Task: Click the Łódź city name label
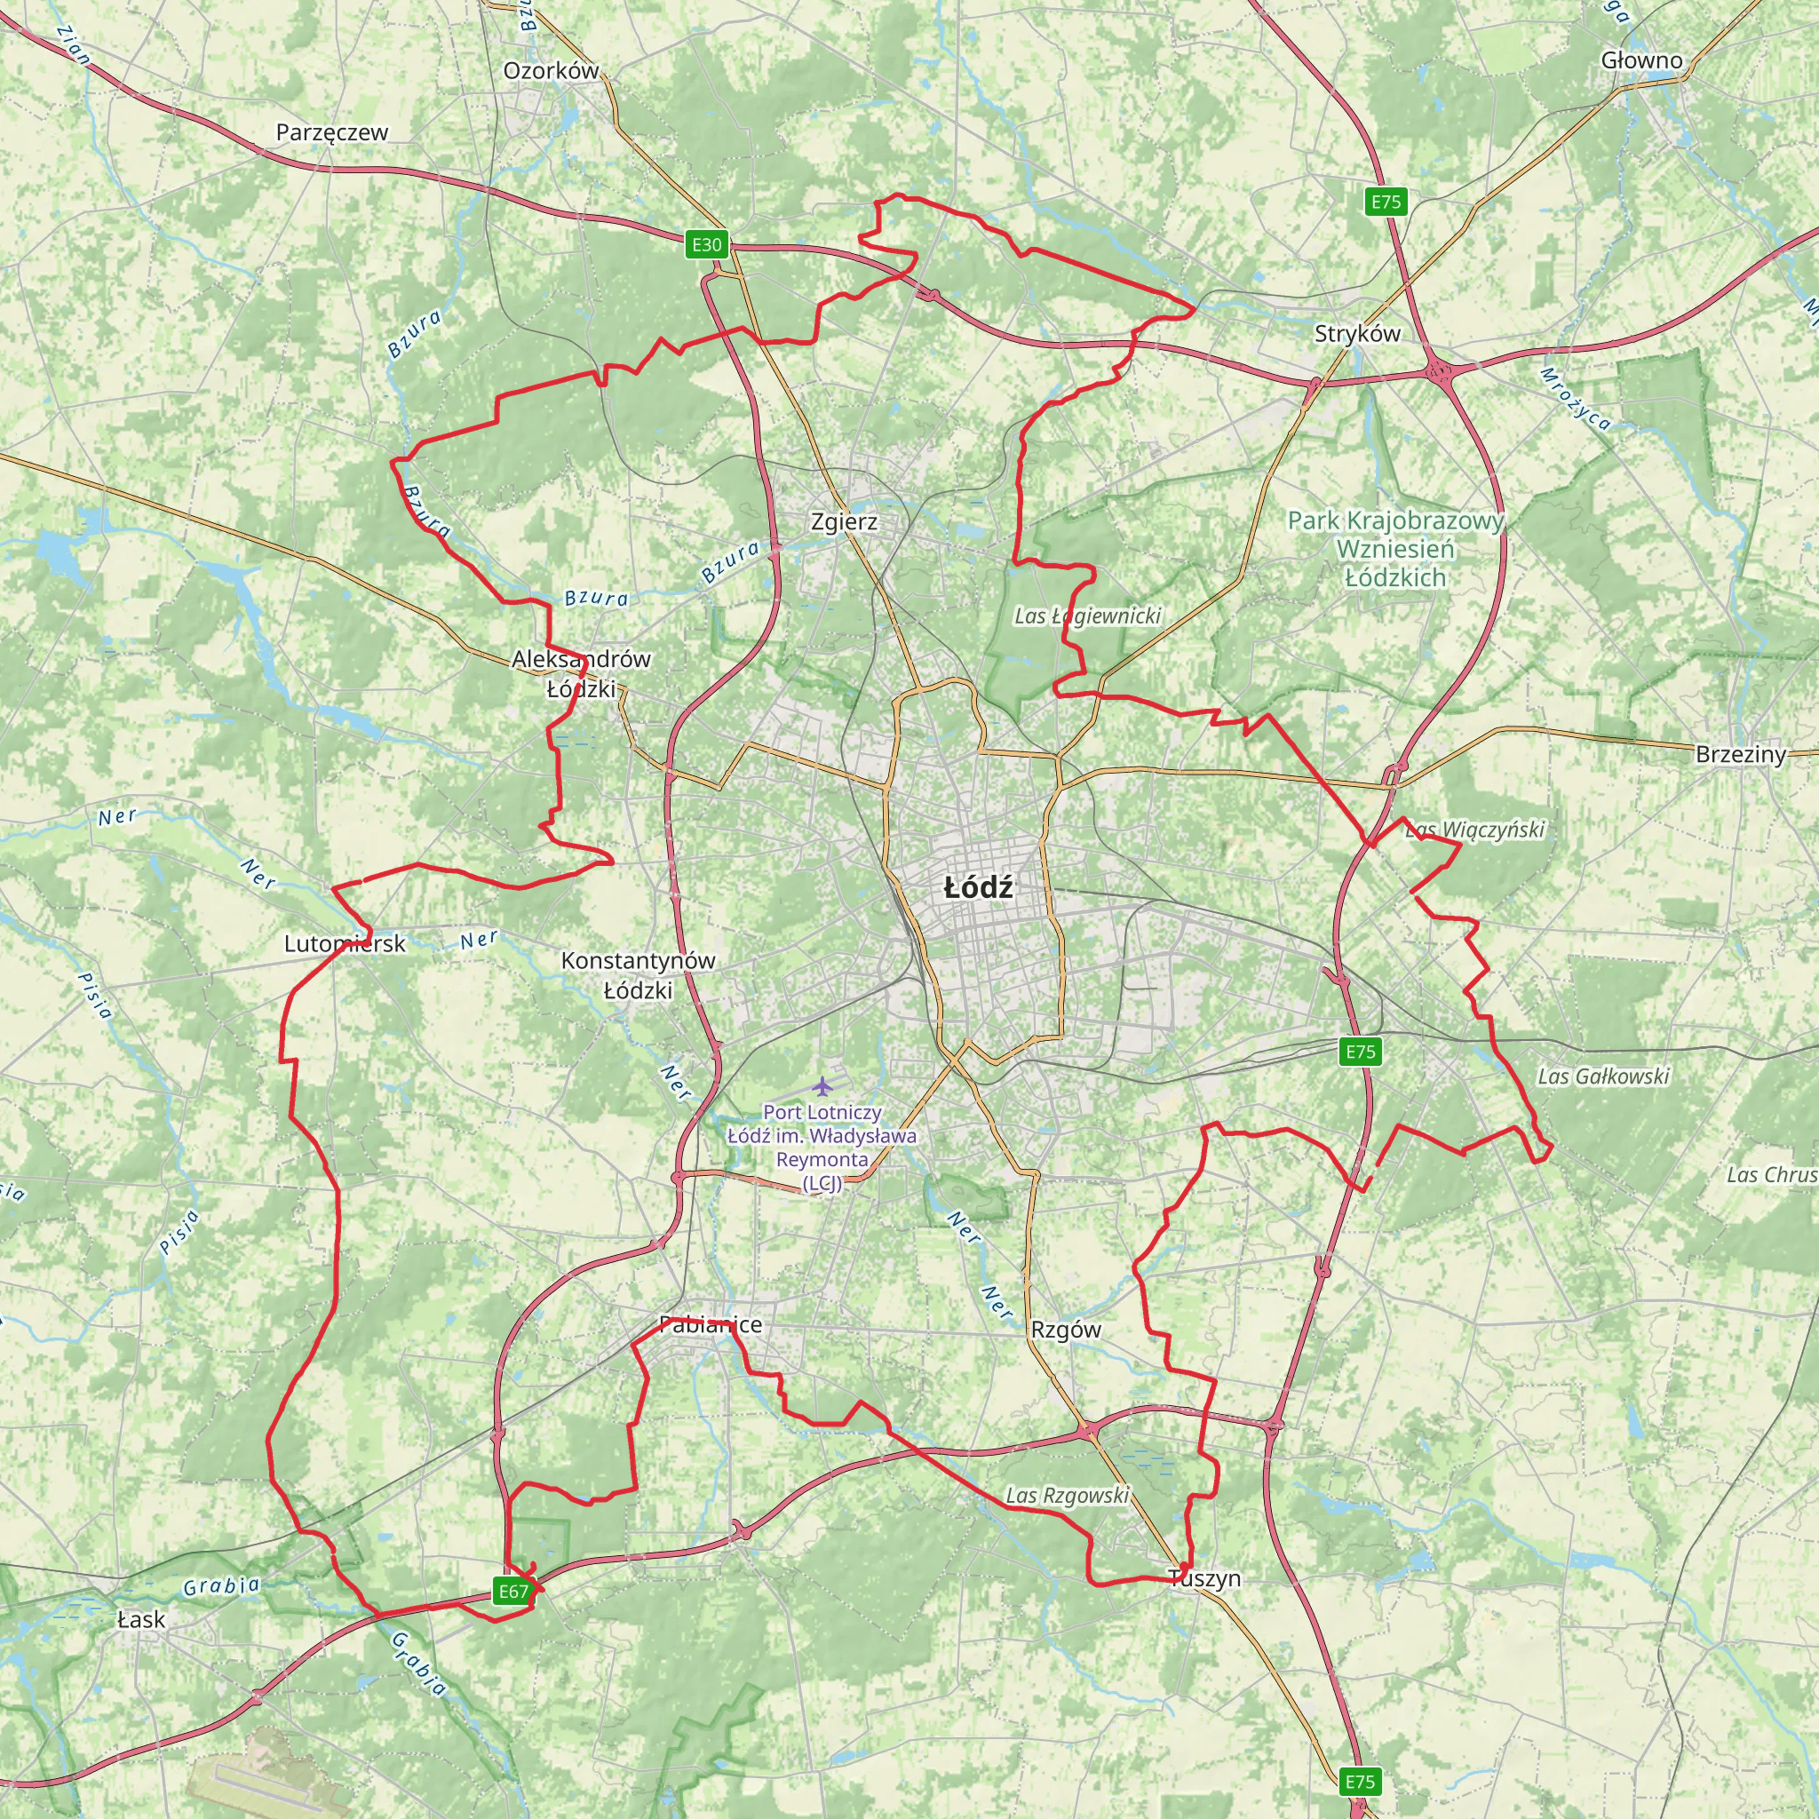(978, 887)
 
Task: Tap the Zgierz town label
(845, 520)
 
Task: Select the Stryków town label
(1357, 333)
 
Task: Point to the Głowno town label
(1641, 60)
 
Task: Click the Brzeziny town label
(1740, 754)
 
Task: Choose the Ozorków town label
(551, 71)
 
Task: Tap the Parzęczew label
(331, 131)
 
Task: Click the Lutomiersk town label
(345, 943)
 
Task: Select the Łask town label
(141, 1619)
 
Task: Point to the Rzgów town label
(1066, 1330)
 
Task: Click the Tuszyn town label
(1204, 1578)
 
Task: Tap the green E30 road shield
(707, 245)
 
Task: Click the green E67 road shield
(513, 1591)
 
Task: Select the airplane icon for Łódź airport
(822, 1086)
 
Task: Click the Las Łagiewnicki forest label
(1087, 616)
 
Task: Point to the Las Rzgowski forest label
(1067, 1495)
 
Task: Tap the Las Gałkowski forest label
(1603, 1076)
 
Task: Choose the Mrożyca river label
(1575, 398)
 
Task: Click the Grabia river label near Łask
(221, 1586)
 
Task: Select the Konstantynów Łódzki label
(639, 975)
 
